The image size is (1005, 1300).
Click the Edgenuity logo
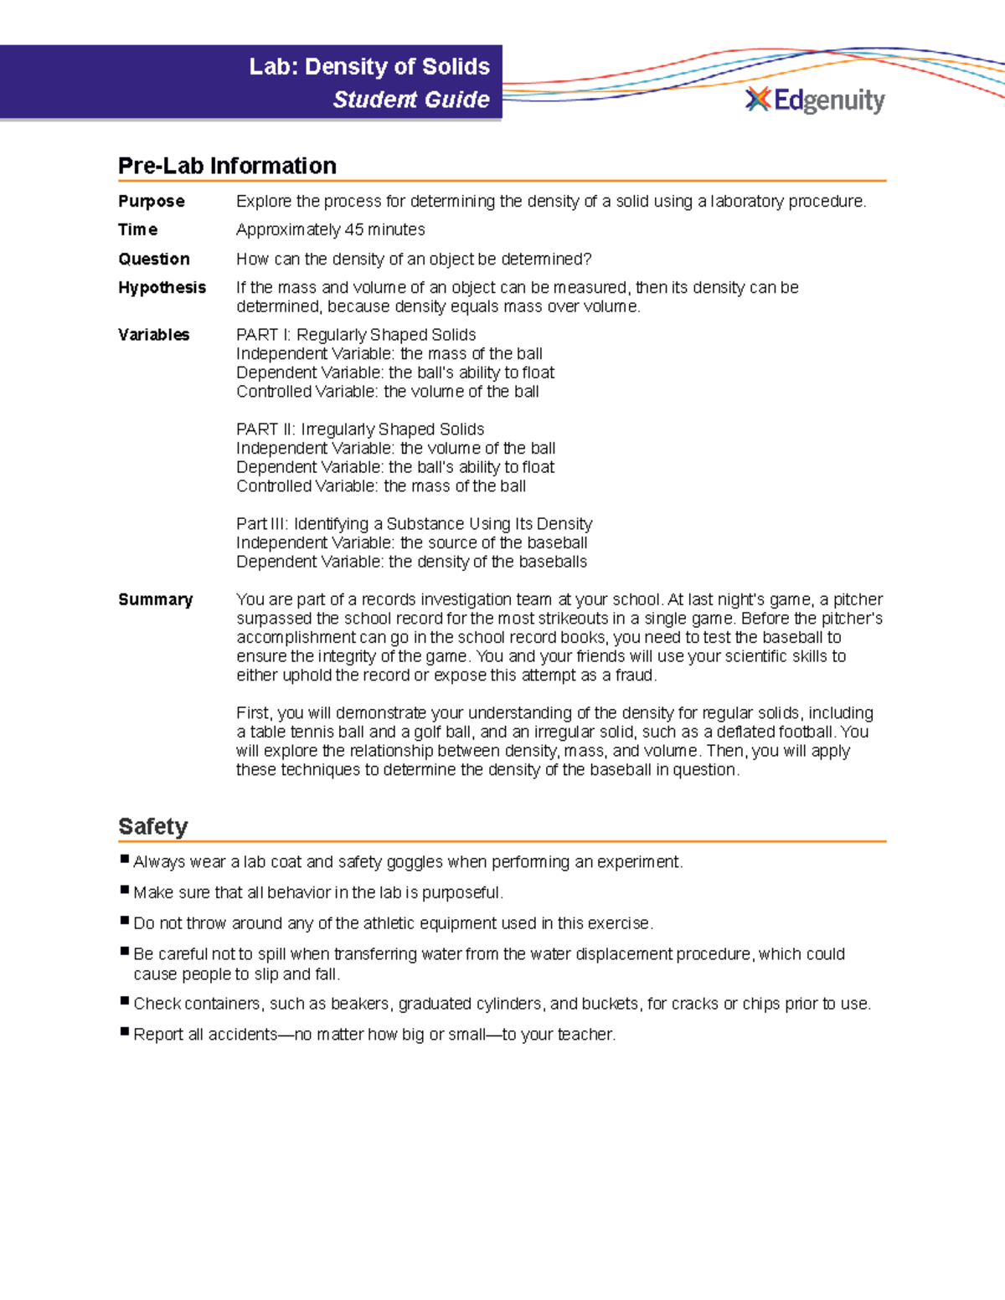(814, 100)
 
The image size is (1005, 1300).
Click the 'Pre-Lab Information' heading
(227, 166)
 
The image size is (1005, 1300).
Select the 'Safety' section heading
(152, 826)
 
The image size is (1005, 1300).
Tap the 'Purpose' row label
(152, 202)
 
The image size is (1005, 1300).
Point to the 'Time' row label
(138, 230)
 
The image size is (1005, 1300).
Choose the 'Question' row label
(154, 259)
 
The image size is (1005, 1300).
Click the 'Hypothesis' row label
(162, 288)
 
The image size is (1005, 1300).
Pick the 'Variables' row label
(154, 335)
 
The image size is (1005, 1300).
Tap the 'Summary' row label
(156, 600)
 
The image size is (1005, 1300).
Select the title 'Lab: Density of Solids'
(369, 67)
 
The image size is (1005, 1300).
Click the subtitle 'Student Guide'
(411, 100)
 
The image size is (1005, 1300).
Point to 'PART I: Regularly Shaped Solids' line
(356, 335)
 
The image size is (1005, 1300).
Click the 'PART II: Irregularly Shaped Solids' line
(360, 429)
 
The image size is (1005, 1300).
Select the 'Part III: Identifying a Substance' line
(414, 524)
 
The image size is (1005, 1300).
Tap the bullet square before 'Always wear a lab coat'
(125, 859)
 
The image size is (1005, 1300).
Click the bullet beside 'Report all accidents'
(125, 1031)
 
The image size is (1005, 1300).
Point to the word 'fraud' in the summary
(635, 676)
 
